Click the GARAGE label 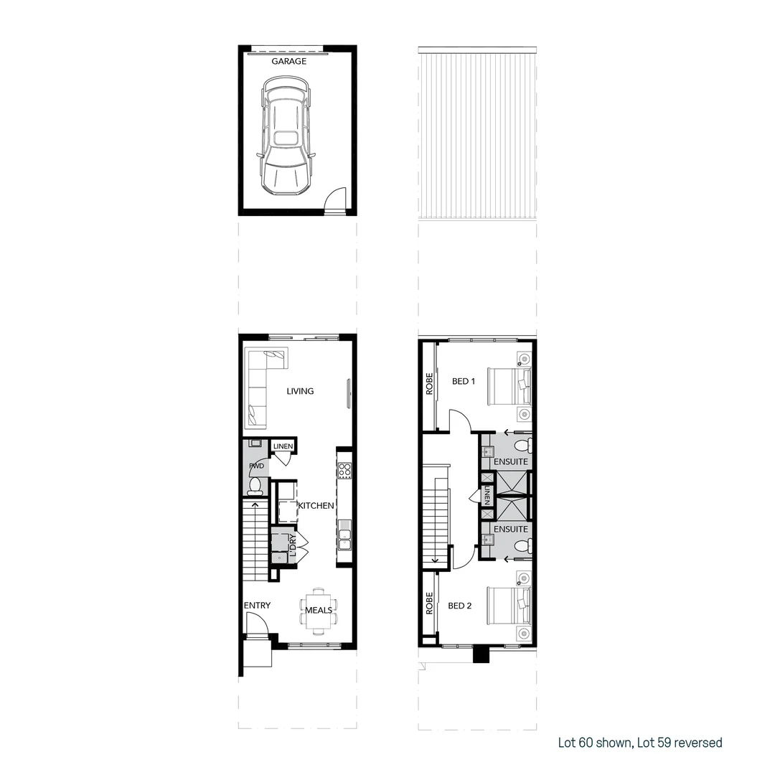288,62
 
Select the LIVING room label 300,391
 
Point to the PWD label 256,466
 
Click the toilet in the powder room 254,487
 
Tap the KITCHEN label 316,505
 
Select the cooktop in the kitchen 344,470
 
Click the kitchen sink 344,535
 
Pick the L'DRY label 292,545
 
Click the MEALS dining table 319,610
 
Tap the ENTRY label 257,606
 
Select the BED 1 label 464,381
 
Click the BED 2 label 460,606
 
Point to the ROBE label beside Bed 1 429,384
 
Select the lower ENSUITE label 511,529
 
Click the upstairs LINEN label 487,496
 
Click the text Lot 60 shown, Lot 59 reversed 640,743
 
